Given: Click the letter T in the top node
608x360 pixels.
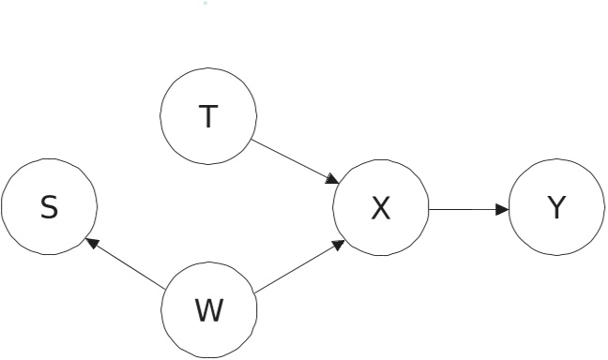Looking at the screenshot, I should tap(208, 116).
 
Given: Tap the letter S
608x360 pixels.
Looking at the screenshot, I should tap(49, 208).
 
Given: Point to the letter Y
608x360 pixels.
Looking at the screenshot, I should tap(556, 208).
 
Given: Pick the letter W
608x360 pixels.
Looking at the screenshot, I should tap(208, 309).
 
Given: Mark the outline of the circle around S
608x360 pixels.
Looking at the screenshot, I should tap(49, 160).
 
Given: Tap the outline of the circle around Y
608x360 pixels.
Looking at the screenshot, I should tap(556, 160).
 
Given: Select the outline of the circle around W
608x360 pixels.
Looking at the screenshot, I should tap(208, 357).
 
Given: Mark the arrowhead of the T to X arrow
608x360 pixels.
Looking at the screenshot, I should tap(333, 180).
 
